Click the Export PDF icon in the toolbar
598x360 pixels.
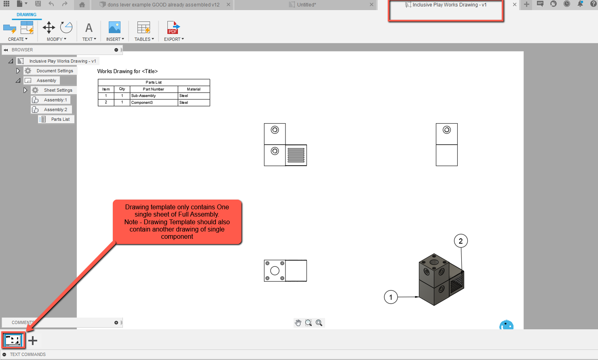point(173,28)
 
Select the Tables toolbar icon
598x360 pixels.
point(144,28)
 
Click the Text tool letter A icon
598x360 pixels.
point(89,28)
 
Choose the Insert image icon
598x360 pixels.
point(114,28)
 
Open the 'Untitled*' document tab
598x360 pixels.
point(306,5)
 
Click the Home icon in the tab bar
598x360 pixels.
point(82,5)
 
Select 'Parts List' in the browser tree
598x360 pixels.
point(60,119)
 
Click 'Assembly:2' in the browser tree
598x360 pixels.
point(55,109)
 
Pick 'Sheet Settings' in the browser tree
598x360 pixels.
point(58,90)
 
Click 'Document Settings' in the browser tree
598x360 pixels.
point(55,71)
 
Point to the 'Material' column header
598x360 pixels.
point(194,89)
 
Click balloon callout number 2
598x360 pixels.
point(461,241)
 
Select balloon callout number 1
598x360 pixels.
point(391,297)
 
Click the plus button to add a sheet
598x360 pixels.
point(33,341)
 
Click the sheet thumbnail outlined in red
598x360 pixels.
point(13,340)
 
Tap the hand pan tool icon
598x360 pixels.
point(298,323)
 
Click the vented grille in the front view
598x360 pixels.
point(296,155)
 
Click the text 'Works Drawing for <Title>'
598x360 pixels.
point(127,72)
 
